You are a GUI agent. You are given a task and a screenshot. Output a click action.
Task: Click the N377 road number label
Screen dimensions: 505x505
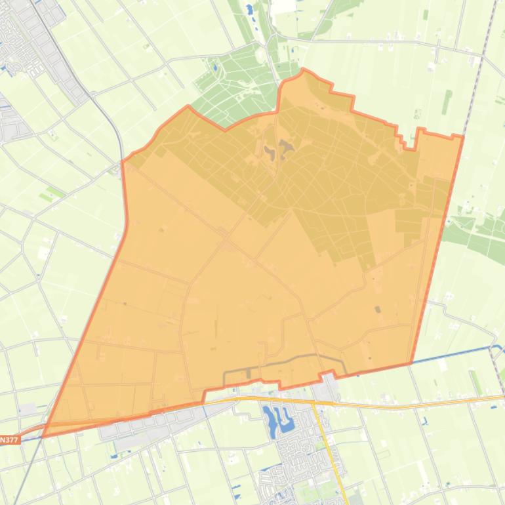tap(9, 440)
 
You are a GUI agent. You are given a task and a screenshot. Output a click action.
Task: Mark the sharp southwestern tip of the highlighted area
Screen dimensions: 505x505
tap(43, 435)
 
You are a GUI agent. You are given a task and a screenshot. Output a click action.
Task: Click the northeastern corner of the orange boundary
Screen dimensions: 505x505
tap(462, 136)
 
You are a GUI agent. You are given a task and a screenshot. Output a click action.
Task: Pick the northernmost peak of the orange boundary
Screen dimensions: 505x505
tap(302, 70)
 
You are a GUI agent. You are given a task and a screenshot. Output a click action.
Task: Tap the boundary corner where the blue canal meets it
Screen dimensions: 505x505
tap(411, 363)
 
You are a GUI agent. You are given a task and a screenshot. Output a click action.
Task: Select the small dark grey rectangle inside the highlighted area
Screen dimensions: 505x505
tap(376, 309)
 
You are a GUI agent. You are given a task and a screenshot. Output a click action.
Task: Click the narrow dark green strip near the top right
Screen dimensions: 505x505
tap(447, 102)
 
